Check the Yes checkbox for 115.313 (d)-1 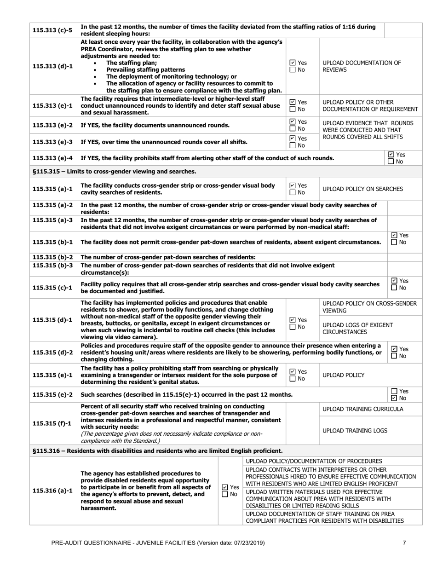tap(293, 63)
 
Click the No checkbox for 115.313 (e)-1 tap(293, 109)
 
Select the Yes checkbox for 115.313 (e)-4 tap(391, 155)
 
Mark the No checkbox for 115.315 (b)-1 tap(394, 243)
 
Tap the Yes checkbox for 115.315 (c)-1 tap(394, 281)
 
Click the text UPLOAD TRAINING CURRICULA tap(362, 409)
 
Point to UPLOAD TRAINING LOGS tap(355, 431)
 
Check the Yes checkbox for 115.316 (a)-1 tap(225, 487)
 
